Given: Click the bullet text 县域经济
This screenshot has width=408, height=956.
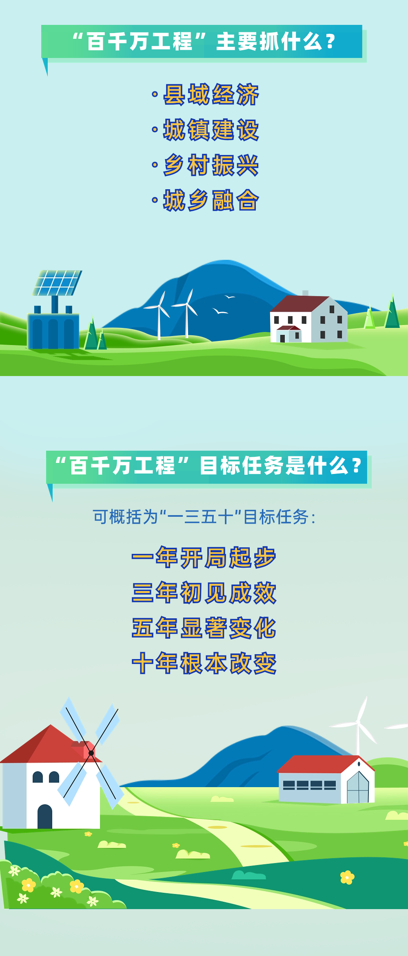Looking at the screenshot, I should click(211, 95).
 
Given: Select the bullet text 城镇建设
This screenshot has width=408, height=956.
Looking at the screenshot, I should click(211, 130).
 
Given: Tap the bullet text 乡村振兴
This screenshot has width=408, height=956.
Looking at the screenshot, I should click(211, 165).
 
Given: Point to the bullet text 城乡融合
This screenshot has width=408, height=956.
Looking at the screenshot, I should click(211, 200).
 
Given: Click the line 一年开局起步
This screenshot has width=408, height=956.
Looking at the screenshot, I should click(204, 557).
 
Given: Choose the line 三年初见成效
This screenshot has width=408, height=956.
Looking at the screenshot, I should click(204, 593).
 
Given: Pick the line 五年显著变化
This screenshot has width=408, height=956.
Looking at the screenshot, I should click(204, 628).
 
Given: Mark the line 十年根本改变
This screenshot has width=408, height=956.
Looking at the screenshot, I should click(204, 663).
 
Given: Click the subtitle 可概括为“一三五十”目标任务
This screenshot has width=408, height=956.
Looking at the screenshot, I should click(204, 517).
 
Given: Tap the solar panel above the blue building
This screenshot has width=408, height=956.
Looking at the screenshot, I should click(57, 283).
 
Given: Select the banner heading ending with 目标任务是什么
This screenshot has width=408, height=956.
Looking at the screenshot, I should click(207, 466).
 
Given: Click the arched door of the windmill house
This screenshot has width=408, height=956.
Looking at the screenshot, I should click(45, 817).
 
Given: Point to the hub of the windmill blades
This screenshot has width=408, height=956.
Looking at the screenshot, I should click(91, 753).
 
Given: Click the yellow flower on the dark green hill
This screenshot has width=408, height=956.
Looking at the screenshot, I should click(347, 877).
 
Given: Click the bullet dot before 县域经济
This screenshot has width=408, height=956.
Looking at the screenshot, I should click(155, 95).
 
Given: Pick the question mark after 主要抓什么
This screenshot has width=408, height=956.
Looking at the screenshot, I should click(330, 42).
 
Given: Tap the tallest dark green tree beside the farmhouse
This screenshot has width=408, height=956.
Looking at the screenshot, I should click(392, 313).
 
